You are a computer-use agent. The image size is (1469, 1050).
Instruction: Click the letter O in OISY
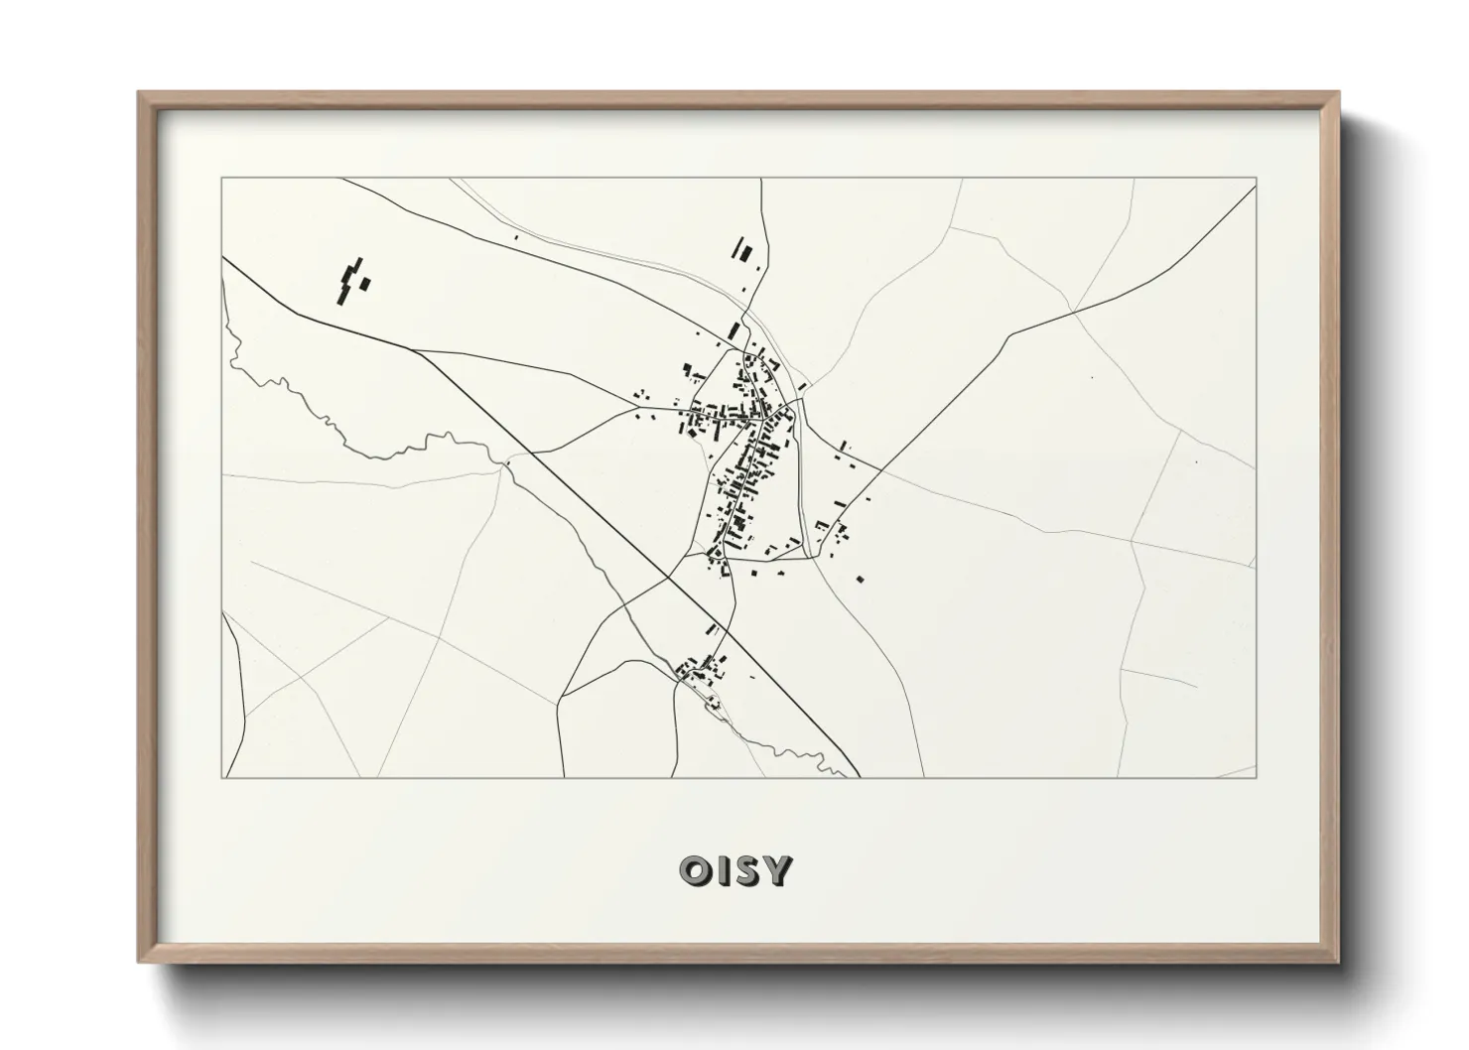tap(694, 870)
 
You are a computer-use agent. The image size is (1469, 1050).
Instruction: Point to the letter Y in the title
tap(779, 870)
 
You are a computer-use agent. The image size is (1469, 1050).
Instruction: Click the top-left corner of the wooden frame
tap(140, 93)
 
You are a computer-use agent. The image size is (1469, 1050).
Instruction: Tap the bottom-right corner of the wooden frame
tap(1339, 961)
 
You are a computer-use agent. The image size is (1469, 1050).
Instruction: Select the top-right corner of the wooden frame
tap(1339, 93)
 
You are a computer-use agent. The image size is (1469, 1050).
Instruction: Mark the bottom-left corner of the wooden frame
tap(140, 961)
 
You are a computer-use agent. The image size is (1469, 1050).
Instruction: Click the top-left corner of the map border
tap(221, 179)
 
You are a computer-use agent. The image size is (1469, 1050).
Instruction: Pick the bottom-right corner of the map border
tap(1256, 777)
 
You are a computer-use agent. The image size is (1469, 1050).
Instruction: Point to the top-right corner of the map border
tap(1256, 179)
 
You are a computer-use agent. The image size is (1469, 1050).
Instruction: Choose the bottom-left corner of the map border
tap(221, 777)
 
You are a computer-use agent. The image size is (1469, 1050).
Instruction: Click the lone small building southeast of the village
tap(860, 578)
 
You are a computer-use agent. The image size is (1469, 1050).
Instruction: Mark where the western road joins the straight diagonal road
tap(414, 349)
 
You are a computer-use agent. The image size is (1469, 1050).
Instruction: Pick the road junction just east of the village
tap(879, 469)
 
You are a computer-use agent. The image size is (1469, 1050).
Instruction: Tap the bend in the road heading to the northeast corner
tap(1010, 334)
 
